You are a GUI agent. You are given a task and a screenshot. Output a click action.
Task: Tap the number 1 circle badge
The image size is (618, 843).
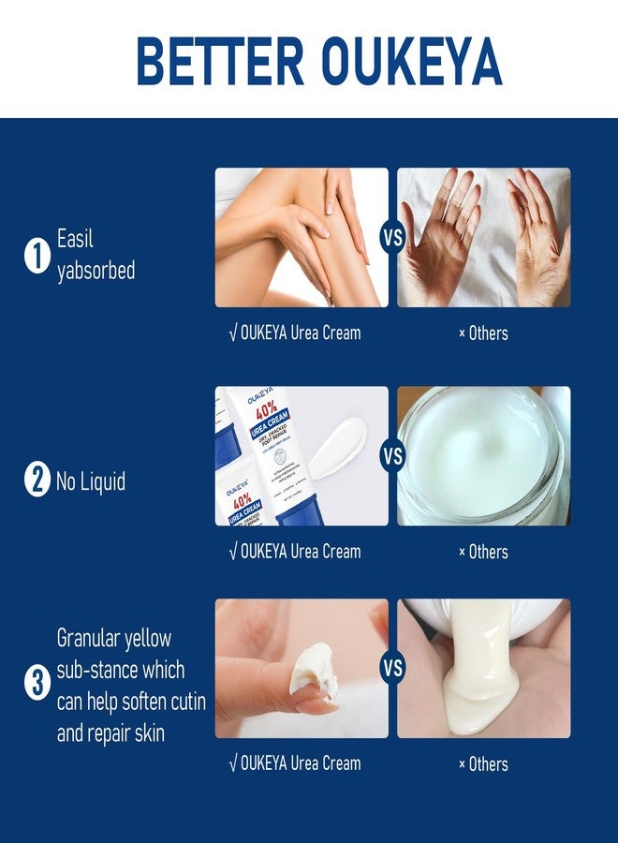[x=37, y=256]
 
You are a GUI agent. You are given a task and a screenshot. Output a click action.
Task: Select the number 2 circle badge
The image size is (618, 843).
[x=37, y=481]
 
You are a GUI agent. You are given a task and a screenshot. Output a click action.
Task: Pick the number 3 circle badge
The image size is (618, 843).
[x=37, y=686]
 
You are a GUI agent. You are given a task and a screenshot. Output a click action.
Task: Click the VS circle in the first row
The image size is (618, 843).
[x=392, y=238]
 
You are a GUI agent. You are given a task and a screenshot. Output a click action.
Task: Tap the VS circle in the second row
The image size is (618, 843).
[x=392, y=456]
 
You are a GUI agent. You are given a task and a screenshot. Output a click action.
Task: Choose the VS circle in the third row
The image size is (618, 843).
[x=392, y=669]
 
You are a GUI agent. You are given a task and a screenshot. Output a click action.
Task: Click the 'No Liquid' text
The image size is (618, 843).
[x=91, y=482]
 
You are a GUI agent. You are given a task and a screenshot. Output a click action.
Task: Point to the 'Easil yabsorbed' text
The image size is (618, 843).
[x=96, y=255]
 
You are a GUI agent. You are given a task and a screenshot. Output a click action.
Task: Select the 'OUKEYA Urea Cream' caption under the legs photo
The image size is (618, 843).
[x=295, y=333]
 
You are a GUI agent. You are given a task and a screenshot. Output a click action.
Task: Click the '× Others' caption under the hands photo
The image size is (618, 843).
[x=483, y=333]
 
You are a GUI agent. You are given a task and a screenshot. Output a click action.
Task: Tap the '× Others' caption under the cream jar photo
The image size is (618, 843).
[x=483, y=552]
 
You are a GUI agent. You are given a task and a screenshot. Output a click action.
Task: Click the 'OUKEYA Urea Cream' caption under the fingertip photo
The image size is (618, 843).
[x=295, y=763]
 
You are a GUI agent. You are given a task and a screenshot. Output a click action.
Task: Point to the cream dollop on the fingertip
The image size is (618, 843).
[x=313, y=668]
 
